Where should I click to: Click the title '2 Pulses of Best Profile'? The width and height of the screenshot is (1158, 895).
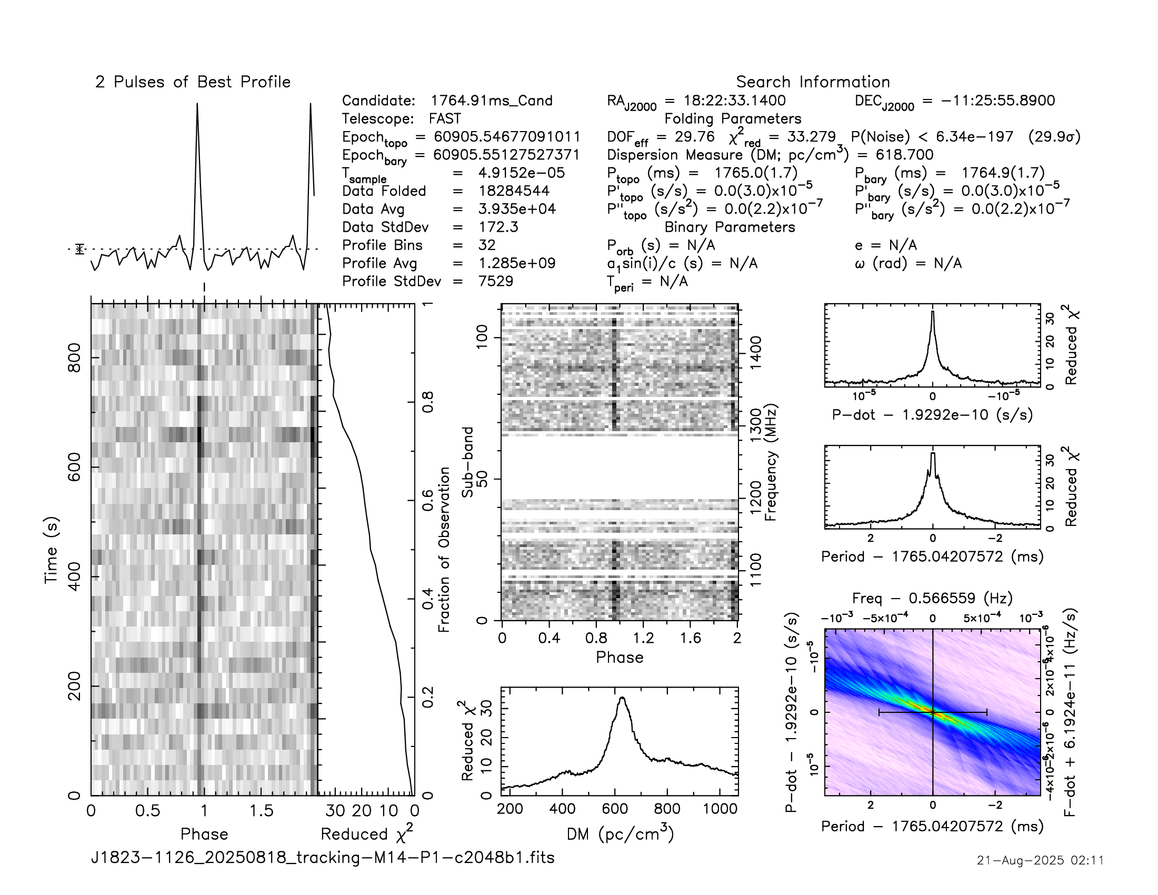(x=193, y=82)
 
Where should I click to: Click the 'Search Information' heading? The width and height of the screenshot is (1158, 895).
(x=812, y=82)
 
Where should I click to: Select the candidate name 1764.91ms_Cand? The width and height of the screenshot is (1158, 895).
(x=491, y=101)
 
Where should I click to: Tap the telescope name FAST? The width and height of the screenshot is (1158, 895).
(x=445, y=119)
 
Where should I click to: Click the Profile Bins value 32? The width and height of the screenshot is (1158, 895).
(x=486, y=245)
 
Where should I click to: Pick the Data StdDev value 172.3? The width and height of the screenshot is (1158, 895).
(x=498, y=227)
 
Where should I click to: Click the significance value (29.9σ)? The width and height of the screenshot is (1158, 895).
(x=1054, y=137)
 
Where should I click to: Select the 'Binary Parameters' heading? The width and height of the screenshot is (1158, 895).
(x=730, y=227)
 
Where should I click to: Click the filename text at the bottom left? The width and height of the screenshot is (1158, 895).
(x=322, y=857)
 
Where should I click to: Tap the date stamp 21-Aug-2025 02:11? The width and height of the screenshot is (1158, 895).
(x=1040, y=860)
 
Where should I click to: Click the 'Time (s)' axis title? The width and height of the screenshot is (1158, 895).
(x=51, y=550)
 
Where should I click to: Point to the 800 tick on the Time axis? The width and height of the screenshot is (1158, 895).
(x=75, y=358)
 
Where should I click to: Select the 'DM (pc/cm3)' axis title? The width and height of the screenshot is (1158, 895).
(x=620, y=834)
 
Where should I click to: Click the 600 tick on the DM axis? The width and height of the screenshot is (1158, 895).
(x=614, y=809)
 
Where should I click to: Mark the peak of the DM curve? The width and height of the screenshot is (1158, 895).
(x=622, y=698)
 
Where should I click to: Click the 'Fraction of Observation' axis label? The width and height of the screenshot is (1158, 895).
(x=444, y=549)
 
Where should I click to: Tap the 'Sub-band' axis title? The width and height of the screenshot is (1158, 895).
(x=467, y=462)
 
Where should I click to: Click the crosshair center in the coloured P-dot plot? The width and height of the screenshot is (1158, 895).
(x=933, y=712)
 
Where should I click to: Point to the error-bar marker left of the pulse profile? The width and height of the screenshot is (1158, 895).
(x=79, y=248)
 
